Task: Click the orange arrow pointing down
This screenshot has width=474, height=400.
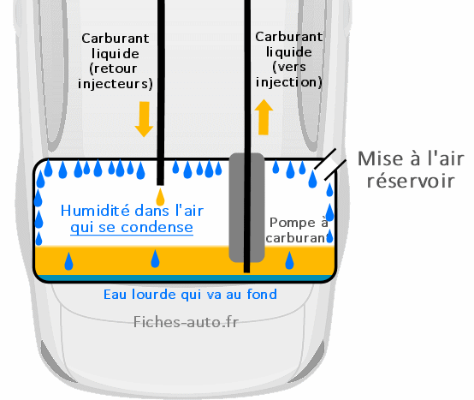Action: (145, 119)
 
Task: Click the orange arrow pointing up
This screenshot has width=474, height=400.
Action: (264, 116)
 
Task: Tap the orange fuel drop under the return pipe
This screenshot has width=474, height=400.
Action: (160, 197)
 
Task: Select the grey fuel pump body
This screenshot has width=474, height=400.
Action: (246, 207)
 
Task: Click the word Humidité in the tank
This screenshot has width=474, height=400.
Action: (95, 211)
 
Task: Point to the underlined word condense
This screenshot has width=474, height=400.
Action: (157, 228)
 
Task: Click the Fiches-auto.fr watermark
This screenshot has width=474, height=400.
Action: (186, 322)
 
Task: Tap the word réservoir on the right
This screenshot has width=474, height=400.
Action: (411, 181)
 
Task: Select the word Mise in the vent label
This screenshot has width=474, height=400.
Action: (380, 158)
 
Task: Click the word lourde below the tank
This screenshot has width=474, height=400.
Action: (154, 294)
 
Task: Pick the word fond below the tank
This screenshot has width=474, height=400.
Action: (262, 294)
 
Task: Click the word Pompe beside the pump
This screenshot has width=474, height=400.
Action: (288, 223)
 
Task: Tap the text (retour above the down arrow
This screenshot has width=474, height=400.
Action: (113, 69)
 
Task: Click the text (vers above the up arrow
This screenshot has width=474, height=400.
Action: (289, 67)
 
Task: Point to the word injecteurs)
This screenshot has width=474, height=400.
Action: (116, 84)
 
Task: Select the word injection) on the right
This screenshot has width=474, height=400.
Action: (289, 82)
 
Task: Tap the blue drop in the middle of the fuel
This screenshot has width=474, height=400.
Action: (155, 259)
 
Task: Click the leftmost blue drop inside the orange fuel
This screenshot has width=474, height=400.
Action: (69, 261)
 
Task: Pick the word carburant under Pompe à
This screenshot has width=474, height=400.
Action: (297, 238)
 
